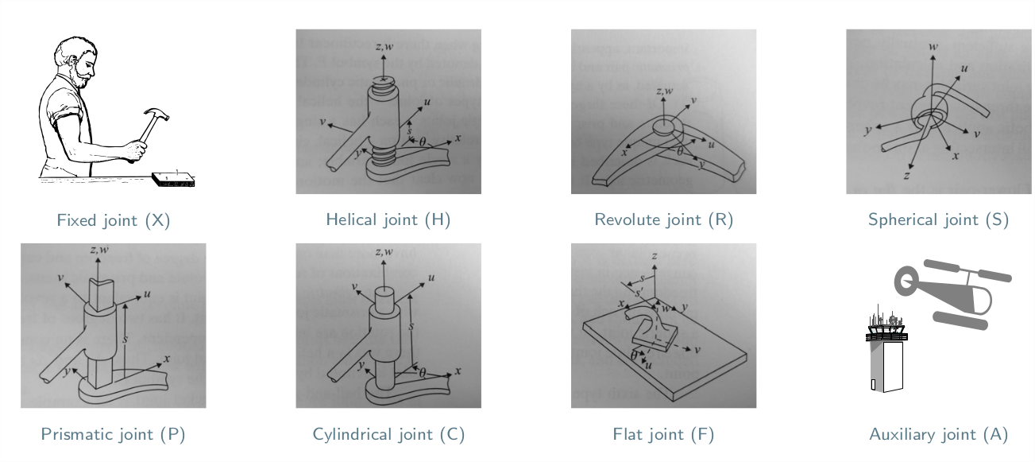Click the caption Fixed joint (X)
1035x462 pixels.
pos(113,221)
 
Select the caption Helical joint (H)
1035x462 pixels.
pos(388,221)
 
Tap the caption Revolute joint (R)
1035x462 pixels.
pos(663,221)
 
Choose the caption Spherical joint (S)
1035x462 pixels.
pos(939,221)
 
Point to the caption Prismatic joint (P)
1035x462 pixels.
pos(113,435)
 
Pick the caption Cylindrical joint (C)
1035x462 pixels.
pos(388,435)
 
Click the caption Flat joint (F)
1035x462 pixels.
pos(663,435)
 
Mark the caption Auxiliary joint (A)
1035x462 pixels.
pos(939,435)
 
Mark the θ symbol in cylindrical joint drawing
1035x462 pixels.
pos(423,371)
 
